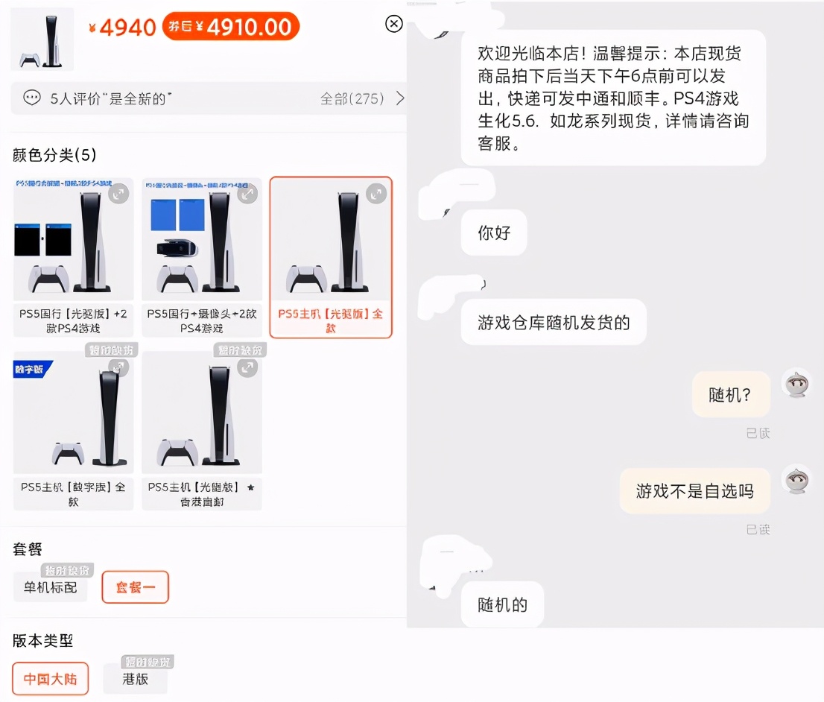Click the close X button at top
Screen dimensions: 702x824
(394, 24)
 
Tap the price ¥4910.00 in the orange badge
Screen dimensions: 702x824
(231, 27)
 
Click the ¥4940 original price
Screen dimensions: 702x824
(122, 28)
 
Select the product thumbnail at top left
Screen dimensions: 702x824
(42, 39)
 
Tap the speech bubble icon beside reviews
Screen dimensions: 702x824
(31, 98)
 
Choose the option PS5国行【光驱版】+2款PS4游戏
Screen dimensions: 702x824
(73, 256)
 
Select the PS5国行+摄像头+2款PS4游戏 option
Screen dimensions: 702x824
(202, 256)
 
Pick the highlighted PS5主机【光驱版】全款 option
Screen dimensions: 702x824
(331, 256)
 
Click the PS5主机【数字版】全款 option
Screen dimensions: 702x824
(73, 430)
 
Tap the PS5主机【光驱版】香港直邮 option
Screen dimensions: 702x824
(202, 430)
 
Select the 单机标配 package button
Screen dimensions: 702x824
(51, 587)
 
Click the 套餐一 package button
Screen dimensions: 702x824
(136, 587)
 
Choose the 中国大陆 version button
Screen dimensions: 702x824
(51, 679)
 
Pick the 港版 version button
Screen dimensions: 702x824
(135, 679)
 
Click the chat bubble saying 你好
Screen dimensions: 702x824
(494, 233)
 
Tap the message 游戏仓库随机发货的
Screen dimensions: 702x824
(554, 322)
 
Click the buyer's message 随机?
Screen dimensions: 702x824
(729, 394)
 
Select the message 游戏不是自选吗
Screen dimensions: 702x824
(694, 490)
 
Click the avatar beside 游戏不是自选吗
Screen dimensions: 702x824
(796, 479)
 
